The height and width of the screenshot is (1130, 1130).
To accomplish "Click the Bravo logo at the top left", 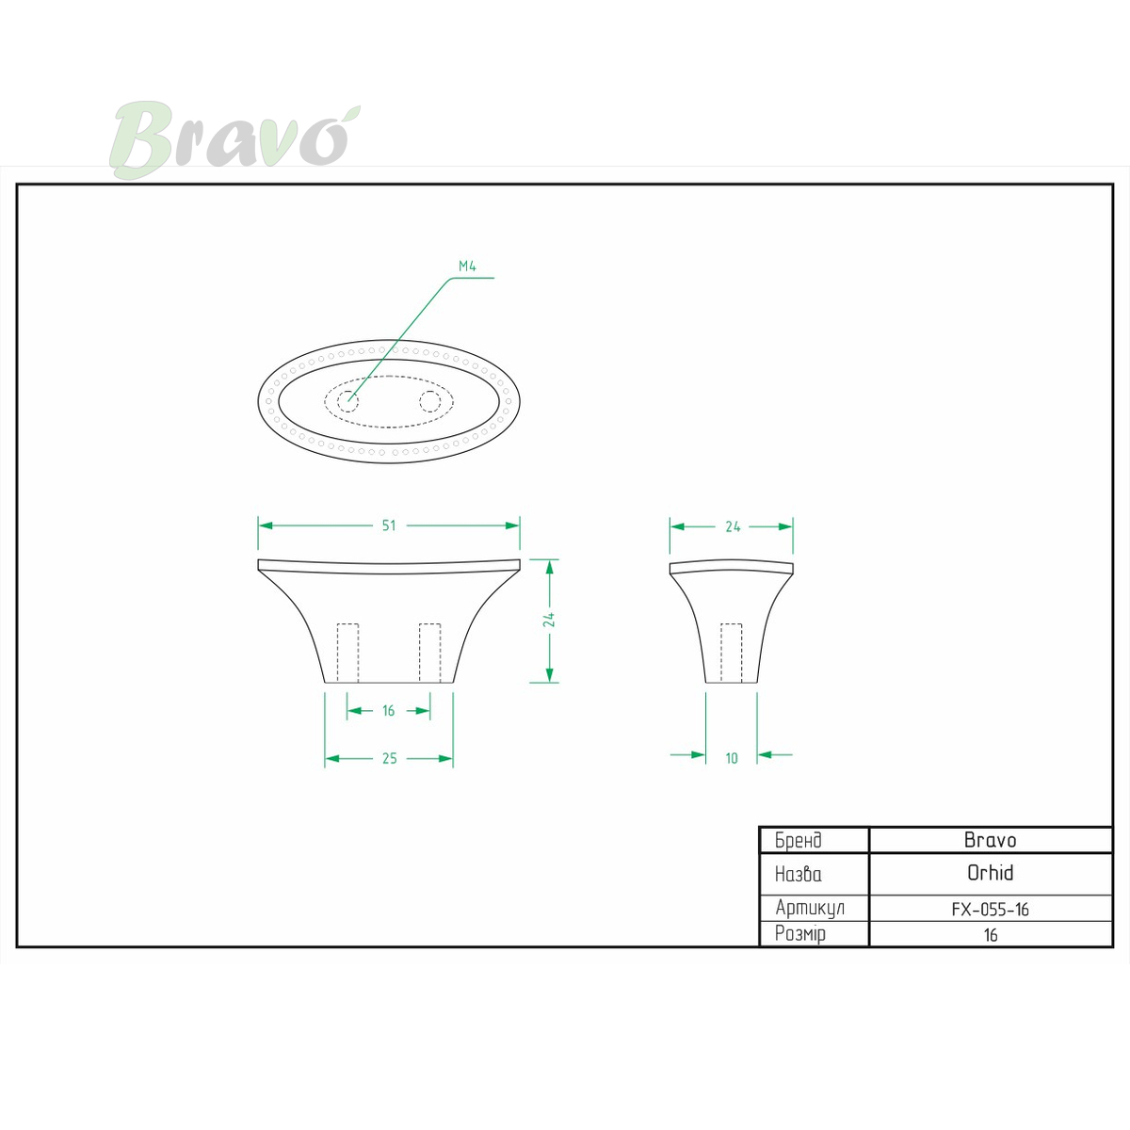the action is [234, 139].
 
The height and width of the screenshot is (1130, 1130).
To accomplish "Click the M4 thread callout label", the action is [467, 266].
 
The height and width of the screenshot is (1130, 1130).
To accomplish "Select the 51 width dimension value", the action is [389, 525].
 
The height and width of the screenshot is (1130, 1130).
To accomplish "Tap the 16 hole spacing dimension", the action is [389, 711].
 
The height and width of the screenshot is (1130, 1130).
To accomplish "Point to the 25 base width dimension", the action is [389, 758].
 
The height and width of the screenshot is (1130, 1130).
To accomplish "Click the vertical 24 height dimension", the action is [549, 620].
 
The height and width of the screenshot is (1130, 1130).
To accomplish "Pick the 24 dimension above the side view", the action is [733, 526].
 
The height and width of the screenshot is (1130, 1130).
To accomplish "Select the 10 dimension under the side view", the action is [732, 758].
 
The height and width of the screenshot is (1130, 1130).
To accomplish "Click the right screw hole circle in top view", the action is [429, 402].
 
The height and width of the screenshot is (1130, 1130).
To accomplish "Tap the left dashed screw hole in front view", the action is [347, 653].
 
